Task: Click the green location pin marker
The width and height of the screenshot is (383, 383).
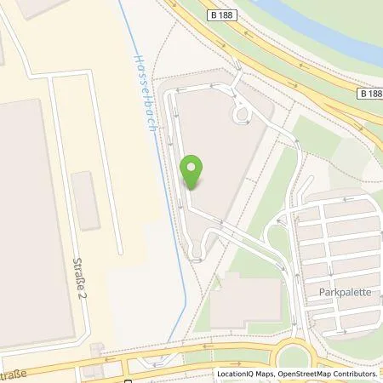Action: click(x=193, y=172)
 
